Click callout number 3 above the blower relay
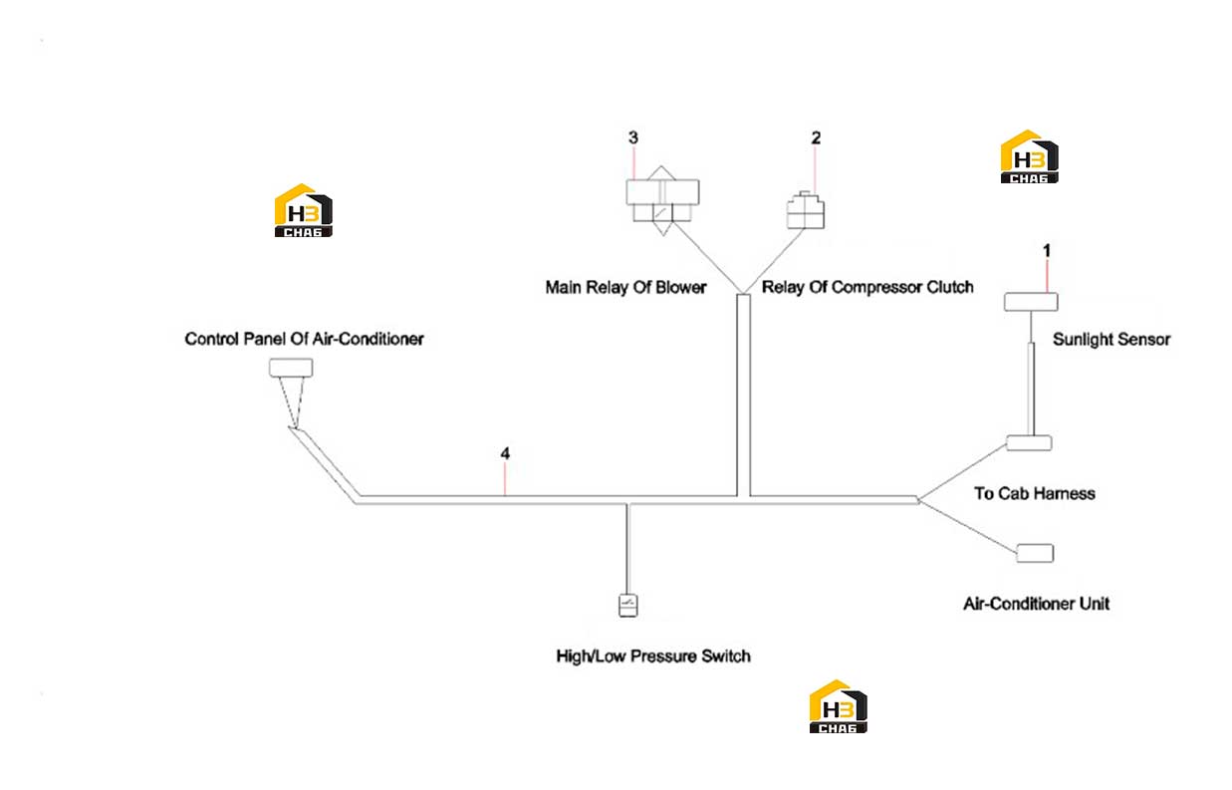point(633,137)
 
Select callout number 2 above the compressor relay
point(816,138)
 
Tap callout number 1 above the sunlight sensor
point(1047,251)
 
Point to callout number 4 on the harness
point(505,454)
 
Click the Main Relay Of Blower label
point(625,287)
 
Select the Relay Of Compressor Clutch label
point(867,287)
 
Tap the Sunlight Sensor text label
point(1111,340)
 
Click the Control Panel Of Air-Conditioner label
point(304,339)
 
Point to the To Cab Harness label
point(1034,493)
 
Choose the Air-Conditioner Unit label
point(1036,604)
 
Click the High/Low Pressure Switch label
point(652,657)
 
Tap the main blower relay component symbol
point(662,201)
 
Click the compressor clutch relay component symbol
point(805,210)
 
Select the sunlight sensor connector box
point(1031,302)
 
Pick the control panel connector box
point(291,368)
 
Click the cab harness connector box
point(1029,443)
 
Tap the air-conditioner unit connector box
point(1035,554)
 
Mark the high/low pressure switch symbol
point(628,605)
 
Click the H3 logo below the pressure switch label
point(838,706)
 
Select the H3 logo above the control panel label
point(303,210)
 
